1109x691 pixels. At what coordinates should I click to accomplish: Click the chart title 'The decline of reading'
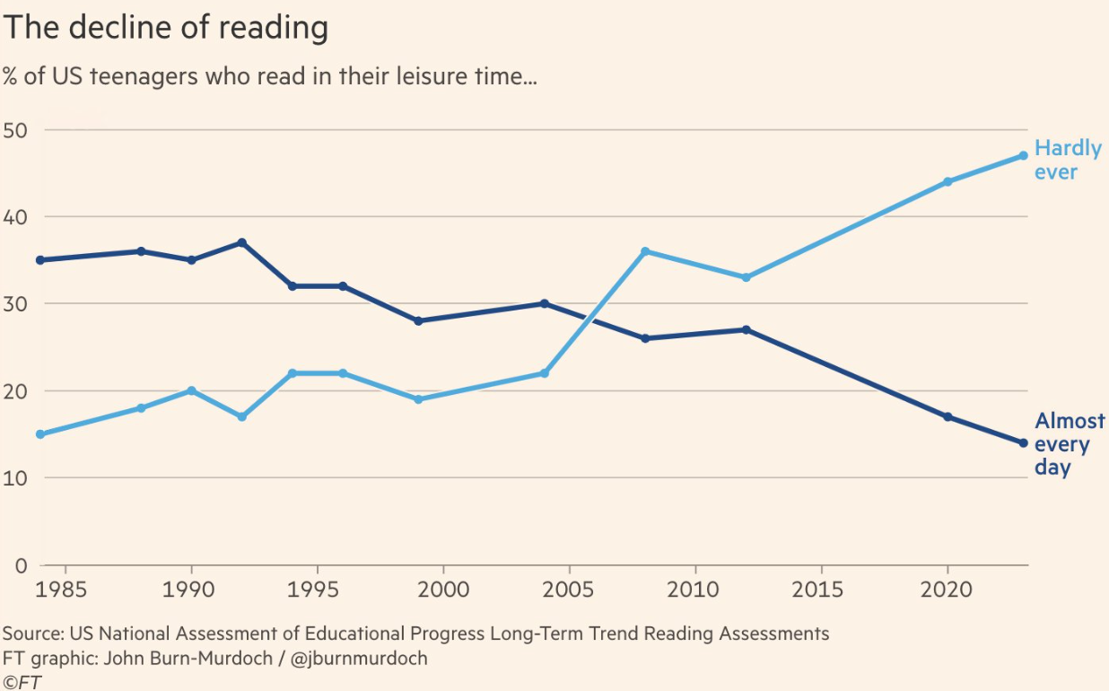point(165,28)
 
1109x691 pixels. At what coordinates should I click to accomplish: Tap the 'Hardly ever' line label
point(1067,160)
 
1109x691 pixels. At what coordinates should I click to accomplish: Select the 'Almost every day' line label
point(1069,444)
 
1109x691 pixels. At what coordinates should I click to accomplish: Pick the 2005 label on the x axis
point(569,590)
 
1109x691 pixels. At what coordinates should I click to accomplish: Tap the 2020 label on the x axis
point(947,590)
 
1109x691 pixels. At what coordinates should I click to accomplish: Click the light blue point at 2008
point(645,251)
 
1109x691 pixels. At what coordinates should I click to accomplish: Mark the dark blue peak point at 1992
point(242,242)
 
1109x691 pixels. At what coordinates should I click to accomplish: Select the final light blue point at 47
point(1023,155)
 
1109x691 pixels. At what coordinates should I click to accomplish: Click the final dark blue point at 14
point(1023,442)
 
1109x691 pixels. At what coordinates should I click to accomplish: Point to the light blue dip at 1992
point(242,416)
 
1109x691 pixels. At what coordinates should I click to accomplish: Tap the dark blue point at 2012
point(746,329)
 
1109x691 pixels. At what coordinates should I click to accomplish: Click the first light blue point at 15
point(41,434)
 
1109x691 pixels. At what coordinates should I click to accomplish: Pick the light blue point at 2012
point(746,277)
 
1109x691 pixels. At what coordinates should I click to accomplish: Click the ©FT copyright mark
point(22,682)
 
